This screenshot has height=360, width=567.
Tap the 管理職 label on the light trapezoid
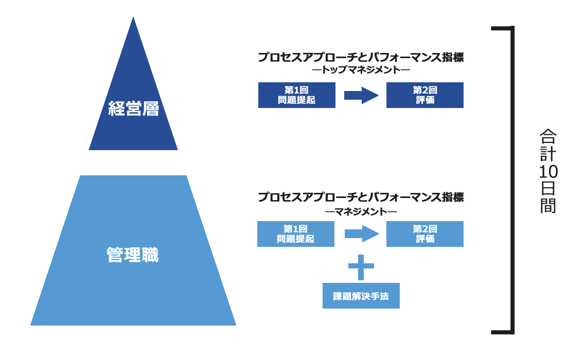(x=133, y=255)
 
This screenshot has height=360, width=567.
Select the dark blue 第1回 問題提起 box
(x=296, y=95)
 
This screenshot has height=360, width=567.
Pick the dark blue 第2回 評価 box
(x=424, y=95)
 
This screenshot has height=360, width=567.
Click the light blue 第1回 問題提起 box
(x=295, y=234)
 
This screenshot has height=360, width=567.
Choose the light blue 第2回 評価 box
(x=424, y=234)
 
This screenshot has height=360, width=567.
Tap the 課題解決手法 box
(x=361, y=296)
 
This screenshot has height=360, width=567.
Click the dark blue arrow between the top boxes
(x=361, y=95)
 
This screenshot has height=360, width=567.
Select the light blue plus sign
(x=361, y=266)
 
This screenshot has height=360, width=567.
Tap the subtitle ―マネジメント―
(x=361, y=210)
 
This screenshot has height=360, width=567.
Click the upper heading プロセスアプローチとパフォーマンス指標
(x=361, y=57)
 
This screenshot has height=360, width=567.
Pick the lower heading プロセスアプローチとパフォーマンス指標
(x=361, y=197)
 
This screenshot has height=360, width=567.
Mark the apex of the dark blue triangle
(x=133, y=19)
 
